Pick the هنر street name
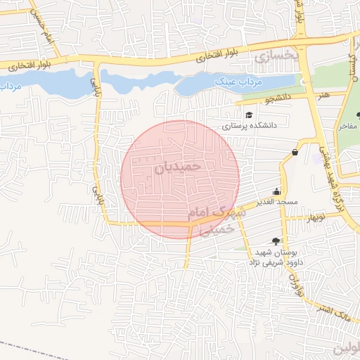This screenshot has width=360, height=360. (324, 94)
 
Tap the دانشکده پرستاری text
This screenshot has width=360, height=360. (250, 127)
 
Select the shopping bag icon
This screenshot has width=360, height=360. (294, 152)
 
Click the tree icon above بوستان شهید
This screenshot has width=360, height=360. (275, 241)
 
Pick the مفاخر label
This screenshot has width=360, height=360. (349, 127)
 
